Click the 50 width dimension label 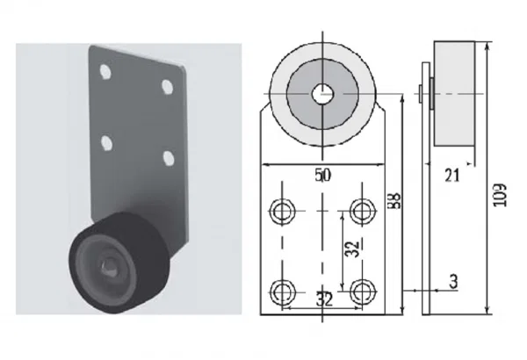(323, 175)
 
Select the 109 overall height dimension (501, 195)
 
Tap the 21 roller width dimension (451, 175)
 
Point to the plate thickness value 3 (453, 281)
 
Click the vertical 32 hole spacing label (352, 249)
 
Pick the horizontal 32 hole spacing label (324, 299)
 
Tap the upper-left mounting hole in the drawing (282, 211)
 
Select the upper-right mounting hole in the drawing (362, 211)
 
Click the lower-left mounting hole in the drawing (282, 292)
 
